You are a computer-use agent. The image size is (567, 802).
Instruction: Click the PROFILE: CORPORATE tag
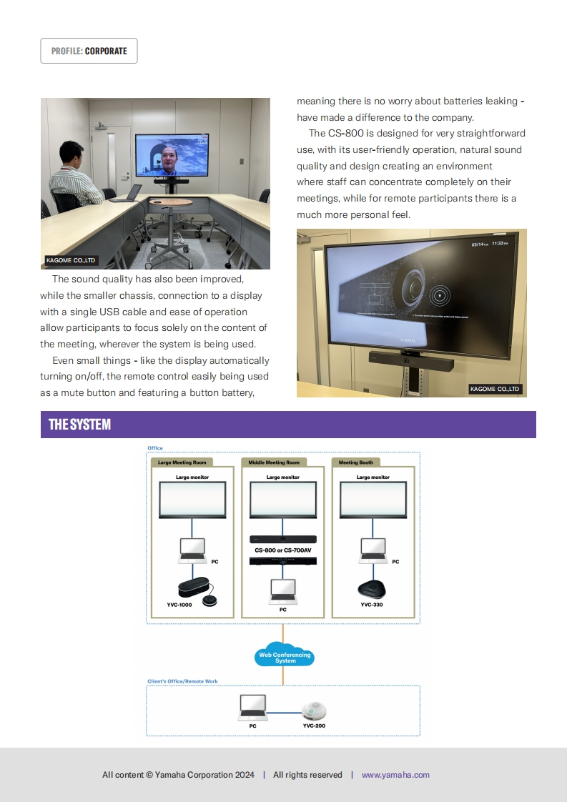[89, 51]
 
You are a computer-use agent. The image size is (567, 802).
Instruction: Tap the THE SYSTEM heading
[79, 425]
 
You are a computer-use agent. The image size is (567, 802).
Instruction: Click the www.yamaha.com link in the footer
[395, 775]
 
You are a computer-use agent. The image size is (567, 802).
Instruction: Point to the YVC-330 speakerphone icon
[371, 590]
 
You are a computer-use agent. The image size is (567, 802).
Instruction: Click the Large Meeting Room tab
[182, 462]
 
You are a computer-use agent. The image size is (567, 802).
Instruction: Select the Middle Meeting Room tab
[274, 462]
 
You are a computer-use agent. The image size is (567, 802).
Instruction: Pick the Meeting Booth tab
[356, 462]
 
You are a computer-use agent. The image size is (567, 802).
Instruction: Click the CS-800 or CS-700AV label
[283, 550]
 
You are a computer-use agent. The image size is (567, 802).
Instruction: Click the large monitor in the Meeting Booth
[373, 500]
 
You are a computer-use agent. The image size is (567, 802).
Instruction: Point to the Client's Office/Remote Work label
[182, 681]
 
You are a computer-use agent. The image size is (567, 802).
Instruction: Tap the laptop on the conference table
[127, 193]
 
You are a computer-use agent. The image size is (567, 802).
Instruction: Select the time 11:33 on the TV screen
[498, 244]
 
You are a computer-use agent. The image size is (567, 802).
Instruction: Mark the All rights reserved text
[307, 775]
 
